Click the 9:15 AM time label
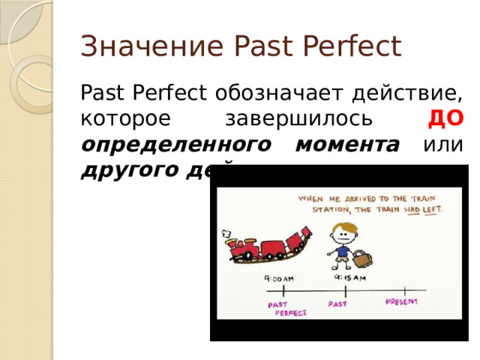348,276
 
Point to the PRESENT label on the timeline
402,301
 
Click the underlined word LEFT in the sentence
431,210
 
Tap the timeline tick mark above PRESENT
404,289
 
